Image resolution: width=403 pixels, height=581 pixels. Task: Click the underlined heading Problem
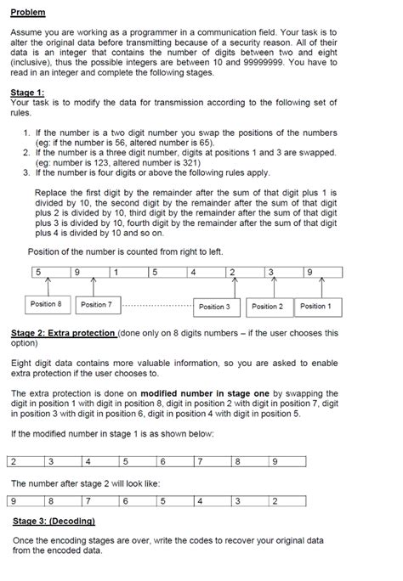pyautogui.click(x=30, y=13)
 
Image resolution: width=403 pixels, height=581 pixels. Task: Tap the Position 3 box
pyautogui.click(x=214, y=306)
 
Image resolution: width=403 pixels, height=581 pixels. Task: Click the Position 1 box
pyautogui.click(x=315, y=306)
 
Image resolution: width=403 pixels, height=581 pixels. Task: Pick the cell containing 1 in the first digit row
pyautogui.click(x=128, y=272)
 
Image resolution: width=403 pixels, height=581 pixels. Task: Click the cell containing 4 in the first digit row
pyautogui.click(x=204, y=272)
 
